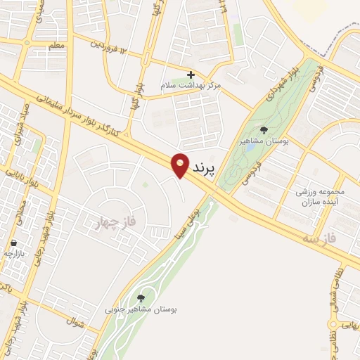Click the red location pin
181,165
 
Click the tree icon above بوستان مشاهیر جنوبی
142,299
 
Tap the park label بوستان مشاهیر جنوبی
141,309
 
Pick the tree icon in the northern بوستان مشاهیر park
264,130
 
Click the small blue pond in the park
250,148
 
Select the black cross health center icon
191,75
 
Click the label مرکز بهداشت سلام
191,85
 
